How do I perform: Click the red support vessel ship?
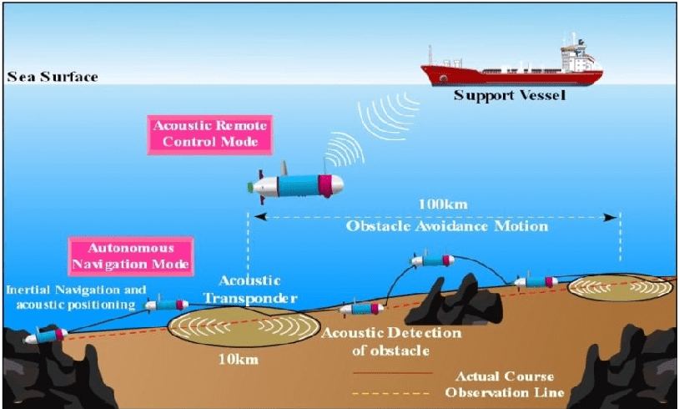tap(510, 70)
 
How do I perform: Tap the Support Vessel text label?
tap(510, 95)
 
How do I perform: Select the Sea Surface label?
tap(53, 78)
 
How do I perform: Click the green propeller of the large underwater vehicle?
tap(254, 187)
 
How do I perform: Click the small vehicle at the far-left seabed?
tap(45, 336)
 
